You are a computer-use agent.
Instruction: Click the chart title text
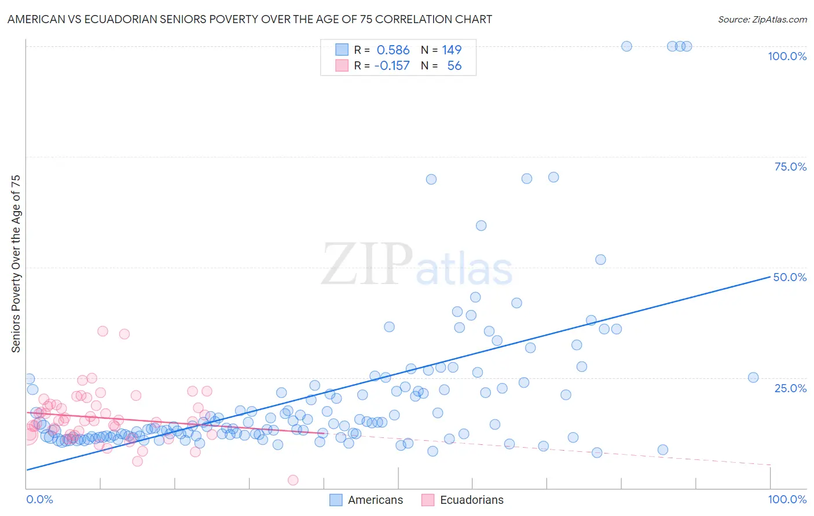tap(250, 19)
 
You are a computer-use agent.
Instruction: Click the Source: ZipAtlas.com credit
tap(762, 19)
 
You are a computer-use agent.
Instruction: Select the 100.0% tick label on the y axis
tap(787, 56)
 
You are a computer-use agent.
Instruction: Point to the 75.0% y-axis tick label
tap(790, 167)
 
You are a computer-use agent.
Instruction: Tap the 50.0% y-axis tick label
tap(790, 277)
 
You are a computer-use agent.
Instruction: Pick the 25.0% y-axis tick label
tap(790, 388)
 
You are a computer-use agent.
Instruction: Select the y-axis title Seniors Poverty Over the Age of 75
tap(16, 264)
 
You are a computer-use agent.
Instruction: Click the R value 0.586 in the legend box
tap(393, 50)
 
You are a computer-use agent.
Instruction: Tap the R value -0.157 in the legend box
tap(392, 66)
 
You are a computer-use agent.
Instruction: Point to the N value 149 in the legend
tap(452, 50)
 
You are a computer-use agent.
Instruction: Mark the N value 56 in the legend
tap(454, 66)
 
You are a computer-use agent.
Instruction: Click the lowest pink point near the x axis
tap(293, 480)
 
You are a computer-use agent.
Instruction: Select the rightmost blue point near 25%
tap(753, 378)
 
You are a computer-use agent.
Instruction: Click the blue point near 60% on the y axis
tap(481, 226)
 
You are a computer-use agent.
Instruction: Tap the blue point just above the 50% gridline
tap(600, 260)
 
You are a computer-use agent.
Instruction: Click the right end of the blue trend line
tap(769, 277)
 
